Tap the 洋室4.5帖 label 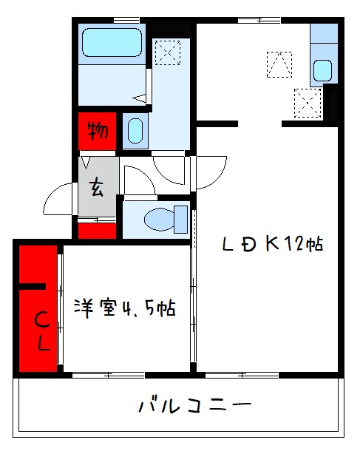(x=123, y=308)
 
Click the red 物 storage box (x=97, y=132)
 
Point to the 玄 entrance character (x=97, y=188)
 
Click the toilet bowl (x=160, y=219)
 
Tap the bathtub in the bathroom (x=111, y=43)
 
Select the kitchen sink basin (x=322, y=70)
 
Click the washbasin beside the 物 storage (x=135, y=132)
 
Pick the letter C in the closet (x=43, y=321)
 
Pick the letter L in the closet (x=43, y=344)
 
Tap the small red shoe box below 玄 (x=97, y=230)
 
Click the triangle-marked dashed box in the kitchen (x=280, y=64)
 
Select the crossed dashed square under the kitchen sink (x=307, y=102)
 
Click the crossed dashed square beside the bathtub (x=168, y=52)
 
